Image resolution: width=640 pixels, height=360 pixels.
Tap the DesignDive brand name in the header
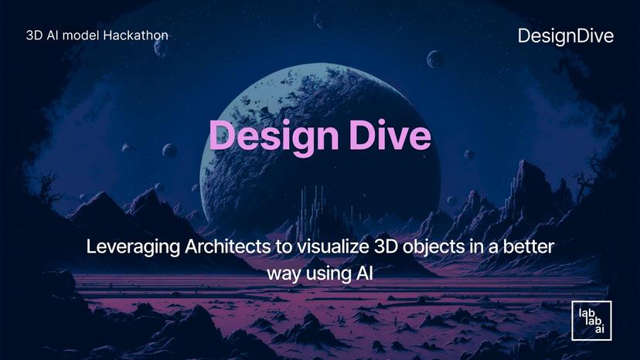click(566, 36)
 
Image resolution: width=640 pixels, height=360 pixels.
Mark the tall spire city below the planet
click(317, 209)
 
